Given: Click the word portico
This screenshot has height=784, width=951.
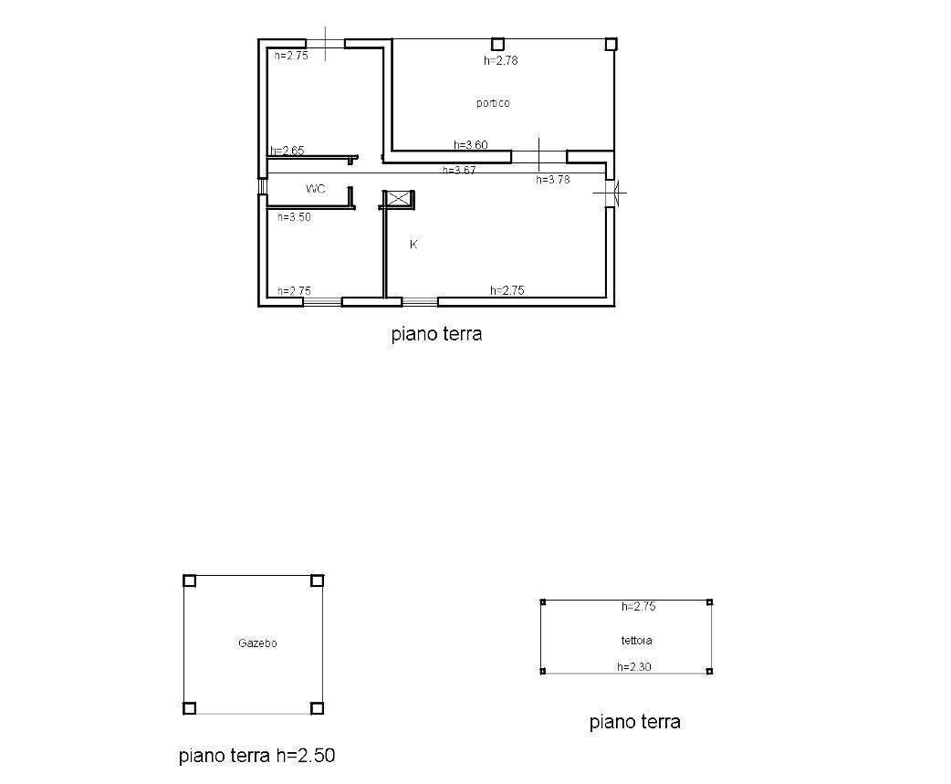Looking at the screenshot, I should click(x=493, y=103).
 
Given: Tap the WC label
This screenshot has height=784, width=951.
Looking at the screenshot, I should click(x=316, y=189).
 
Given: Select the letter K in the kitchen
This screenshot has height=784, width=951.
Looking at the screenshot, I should click(x=413, y=245).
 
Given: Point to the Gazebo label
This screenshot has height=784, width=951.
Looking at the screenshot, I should click(x=257, y=643).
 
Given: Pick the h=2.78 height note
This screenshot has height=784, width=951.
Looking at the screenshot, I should click(x=501, y=61).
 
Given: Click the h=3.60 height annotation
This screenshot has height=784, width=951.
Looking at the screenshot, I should click(x=471, y=145).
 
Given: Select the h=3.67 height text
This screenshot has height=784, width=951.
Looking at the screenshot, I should click(x=459, y=170).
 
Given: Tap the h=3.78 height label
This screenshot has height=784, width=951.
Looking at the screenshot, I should click(x=552, y=180).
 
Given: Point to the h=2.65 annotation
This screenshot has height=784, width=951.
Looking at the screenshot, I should click(x=287, y=151).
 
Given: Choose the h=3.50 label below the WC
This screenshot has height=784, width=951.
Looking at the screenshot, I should click(x=295, y=217).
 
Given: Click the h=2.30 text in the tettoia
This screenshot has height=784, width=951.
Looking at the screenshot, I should click(x=634, y=667).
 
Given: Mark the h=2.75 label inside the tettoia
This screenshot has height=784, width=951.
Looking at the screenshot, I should click(x=638, y=606).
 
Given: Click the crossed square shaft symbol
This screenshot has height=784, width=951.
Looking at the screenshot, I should click(x=398, y=199).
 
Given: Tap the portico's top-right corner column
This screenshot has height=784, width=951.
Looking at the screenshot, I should click(x=611, y=43).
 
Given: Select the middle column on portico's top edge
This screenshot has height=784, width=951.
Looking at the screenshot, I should click(x=497, y=43).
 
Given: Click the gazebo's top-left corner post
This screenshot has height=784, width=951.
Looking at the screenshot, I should click(x=190, y=580).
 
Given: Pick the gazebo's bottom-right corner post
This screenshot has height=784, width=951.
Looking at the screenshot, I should click(x=317, y=707).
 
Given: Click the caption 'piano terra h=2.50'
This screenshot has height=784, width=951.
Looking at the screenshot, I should click(x=257, y=756).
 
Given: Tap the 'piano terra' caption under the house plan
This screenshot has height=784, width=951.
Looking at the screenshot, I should click(x=436, y=334).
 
